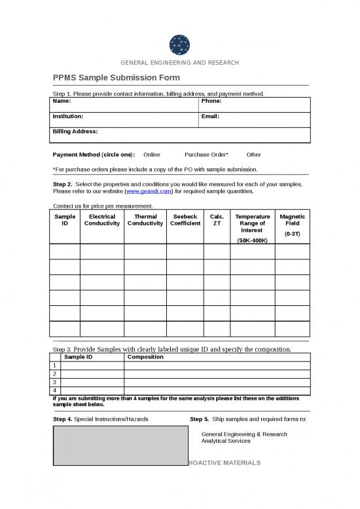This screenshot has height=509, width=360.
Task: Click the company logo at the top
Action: click(179, 44)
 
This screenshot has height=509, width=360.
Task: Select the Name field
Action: click(124, 104)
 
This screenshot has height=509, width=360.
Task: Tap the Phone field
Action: click(254, 104)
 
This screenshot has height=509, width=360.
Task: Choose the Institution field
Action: click(124, 119)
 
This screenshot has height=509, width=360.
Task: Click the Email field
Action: click(254, 119)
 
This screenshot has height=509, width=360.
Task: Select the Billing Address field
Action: click(180, 135)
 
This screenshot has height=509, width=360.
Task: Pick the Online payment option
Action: click(151, 155)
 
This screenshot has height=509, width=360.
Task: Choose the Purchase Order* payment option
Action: click(206, 155)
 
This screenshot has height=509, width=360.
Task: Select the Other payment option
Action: click(253, 155)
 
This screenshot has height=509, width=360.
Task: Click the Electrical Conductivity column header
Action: click(102, 220)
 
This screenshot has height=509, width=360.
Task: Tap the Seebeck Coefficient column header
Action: click(185, 220)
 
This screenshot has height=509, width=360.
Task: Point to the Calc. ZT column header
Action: click(217, 220)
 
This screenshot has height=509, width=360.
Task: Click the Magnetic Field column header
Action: click(292, 220)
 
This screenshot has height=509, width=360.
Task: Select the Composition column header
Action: click(145, 358)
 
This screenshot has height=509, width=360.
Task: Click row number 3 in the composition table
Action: click(55, 382)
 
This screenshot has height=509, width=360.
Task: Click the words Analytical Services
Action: click(226, 441)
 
